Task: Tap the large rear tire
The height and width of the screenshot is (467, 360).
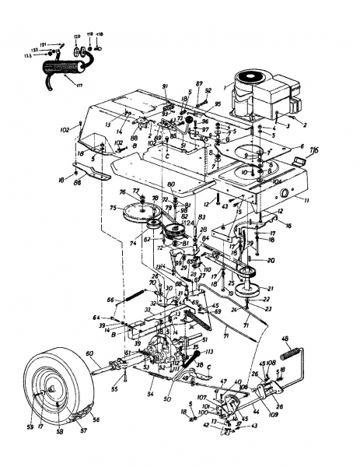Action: click(58, 389)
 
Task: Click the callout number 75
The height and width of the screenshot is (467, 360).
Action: click(113, 208)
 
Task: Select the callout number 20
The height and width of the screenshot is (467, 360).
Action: click(271, 260)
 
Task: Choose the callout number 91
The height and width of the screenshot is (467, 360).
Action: click(165, 85)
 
